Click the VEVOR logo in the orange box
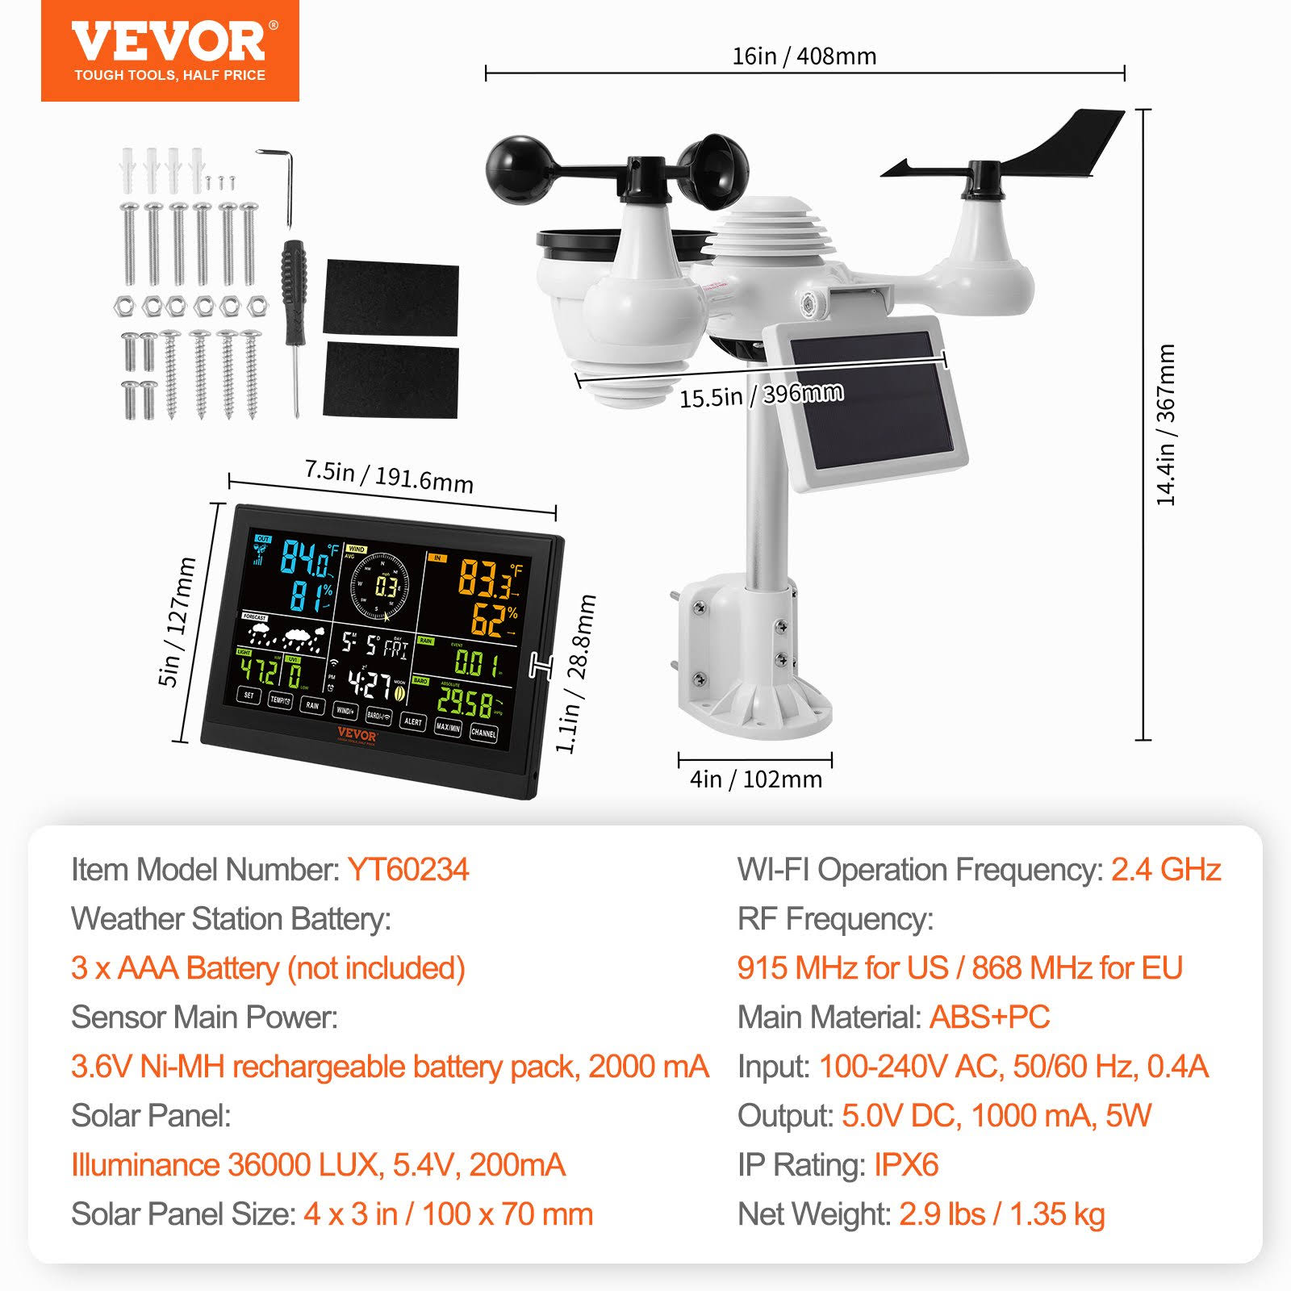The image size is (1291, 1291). pos(169,42)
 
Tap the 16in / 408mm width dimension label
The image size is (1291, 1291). pos(804,56)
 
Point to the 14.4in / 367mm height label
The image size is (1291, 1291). pos(1166,424)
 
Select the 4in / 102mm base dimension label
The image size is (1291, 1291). pos(755,779)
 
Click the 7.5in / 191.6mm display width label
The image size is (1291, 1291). pos(388,476)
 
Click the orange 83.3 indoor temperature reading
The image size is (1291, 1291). pos(485,578)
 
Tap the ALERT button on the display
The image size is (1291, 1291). pos(412,721)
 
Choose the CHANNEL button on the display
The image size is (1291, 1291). pos(483,733)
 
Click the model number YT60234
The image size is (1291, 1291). pos(408,870)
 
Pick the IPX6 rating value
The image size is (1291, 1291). pos(906,1165)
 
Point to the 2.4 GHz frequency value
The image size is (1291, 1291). pos(1165,870)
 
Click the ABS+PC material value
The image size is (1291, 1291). pos(989,1017)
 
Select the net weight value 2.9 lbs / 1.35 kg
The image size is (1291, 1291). pos(1001,1214)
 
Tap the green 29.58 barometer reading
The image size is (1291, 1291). pos(465,702)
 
